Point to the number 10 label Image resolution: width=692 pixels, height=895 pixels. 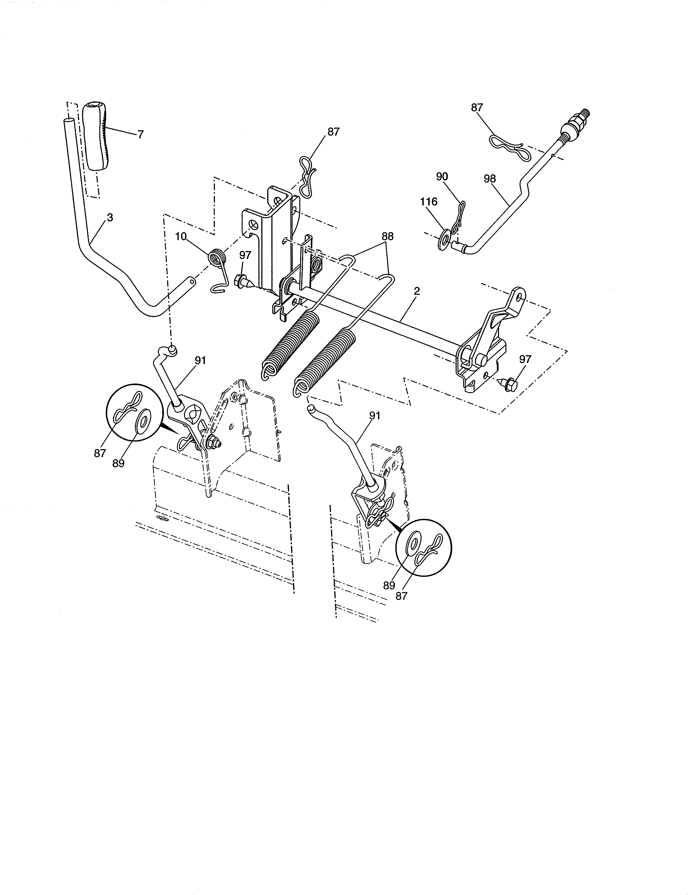(181, 237)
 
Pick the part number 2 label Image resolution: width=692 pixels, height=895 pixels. (417, 291)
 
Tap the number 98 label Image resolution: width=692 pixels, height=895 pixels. (490, 179)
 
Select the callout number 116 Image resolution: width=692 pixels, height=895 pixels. (428, 202)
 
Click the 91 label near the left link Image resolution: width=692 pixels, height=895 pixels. (200, 361)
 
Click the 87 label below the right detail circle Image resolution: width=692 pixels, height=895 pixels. (401, 596)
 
